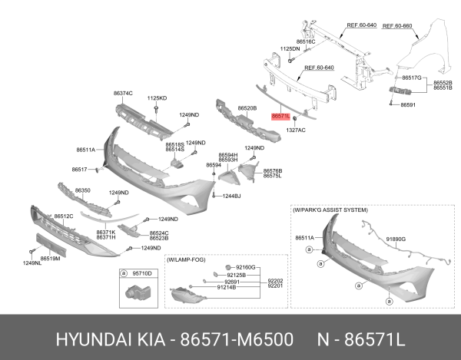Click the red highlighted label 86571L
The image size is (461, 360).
[280, 116]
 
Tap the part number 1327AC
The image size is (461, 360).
[296, 130]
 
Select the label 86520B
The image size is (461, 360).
[247, 108]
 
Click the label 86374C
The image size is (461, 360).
[123, 94]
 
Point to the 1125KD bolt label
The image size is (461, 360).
[157, 98]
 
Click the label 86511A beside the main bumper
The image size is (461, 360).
[86, 150]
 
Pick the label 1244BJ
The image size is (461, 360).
[231, 196]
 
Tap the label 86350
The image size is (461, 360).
[83, 190]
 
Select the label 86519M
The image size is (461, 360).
[50, 259]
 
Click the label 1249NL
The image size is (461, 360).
[32, 263]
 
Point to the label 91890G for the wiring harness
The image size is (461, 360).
[396, 239]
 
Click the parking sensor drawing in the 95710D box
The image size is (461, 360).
[138, 292]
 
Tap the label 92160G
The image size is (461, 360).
[246, 267]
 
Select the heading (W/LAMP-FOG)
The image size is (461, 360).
[186, 260]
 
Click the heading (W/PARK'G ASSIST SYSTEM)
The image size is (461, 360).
[330, 210]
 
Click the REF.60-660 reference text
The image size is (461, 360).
[397, 26]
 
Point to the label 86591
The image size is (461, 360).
[408, 104]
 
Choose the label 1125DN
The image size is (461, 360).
[290, 49]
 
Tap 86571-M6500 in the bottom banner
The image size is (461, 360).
[237, 339]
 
